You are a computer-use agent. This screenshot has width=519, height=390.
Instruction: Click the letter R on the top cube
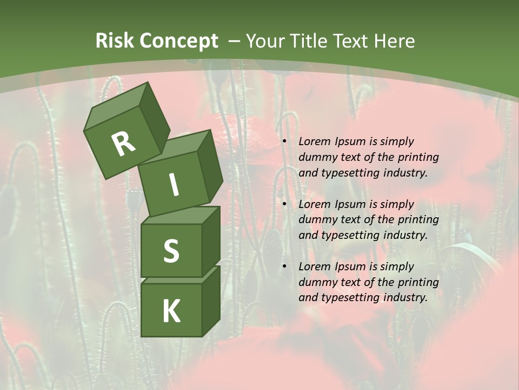tap(124, 144)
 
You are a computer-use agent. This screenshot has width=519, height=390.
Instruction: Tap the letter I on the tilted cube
tap(174, 185)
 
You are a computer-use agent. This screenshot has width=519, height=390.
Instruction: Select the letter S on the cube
tap(171, 251)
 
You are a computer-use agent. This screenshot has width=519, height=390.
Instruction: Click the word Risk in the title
tap(115, 41)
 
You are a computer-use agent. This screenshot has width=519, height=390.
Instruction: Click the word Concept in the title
tap(178, 41)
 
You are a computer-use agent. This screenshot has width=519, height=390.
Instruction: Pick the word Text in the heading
tap(350, 41)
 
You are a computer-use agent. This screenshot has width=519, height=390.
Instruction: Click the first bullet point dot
tap(284, 142)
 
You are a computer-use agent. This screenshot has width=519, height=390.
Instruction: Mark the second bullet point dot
tap(284, 205)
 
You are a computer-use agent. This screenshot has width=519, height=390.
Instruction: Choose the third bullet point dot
tap(284, 267)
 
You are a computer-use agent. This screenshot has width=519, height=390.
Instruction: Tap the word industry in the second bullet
tap(408, 235)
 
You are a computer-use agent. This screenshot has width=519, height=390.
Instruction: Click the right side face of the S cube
tap(211, 244)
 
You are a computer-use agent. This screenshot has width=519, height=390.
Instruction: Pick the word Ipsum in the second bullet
tap(349, 204)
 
